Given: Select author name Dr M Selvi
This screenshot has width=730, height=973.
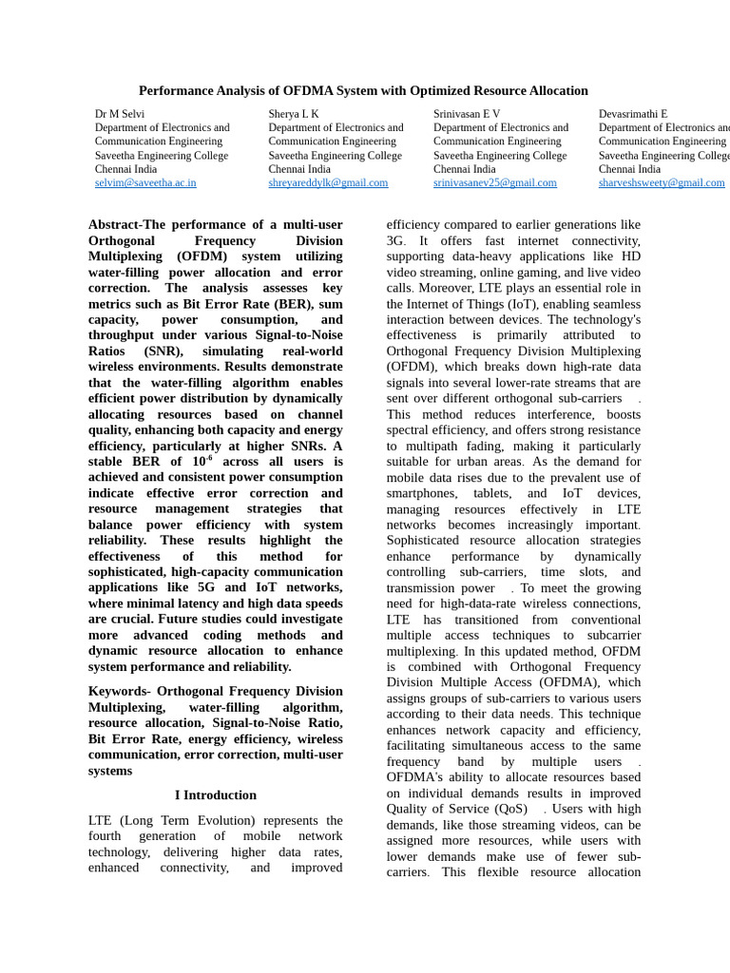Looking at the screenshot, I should tap(121, 114).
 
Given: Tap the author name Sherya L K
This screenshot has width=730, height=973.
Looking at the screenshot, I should tap(294, 114).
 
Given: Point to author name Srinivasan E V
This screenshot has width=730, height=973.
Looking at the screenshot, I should tap(467, 114).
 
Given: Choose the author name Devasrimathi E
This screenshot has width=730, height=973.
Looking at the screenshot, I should tap(633, 114).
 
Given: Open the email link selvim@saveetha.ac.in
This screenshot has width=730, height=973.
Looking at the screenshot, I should tap(145, 182).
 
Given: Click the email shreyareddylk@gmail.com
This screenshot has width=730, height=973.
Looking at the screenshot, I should tap(328, 182).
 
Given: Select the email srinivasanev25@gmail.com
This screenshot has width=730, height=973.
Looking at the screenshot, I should tap(495, 182).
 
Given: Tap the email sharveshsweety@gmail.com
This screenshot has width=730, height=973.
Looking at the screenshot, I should tap(662, 182).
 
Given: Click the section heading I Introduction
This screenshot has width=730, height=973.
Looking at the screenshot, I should tap(216, 795).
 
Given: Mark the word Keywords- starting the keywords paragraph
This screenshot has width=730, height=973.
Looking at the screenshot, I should tap(119, 692).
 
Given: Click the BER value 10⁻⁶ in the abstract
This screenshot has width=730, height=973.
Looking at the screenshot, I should tap(202, 461).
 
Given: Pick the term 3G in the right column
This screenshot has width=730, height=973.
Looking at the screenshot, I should tap(395, 241).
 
